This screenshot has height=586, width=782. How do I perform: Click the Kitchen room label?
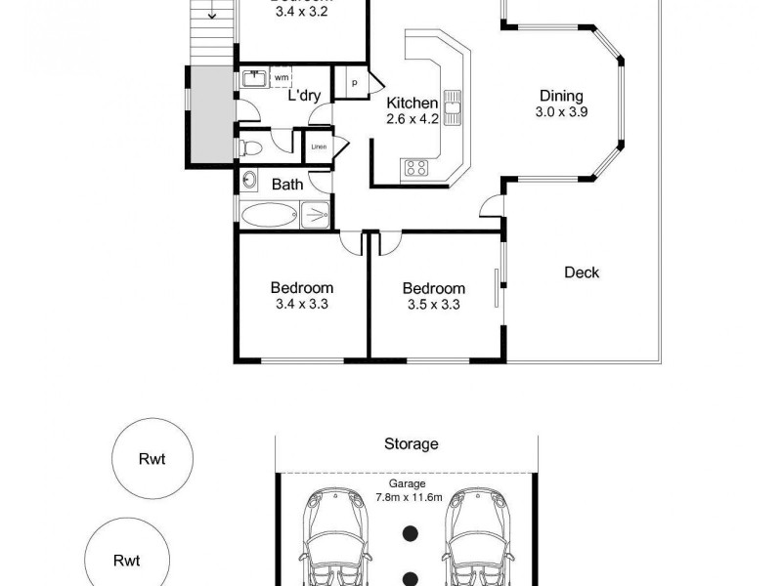pos(411,104)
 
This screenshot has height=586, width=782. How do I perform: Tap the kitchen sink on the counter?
pos(454,105)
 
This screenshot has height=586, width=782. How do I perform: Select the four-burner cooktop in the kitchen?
pos(414,167)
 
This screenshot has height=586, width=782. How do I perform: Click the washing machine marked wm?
pos(281,77)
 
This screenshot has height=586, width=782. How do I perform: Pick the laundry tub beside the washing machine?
pos(252,78)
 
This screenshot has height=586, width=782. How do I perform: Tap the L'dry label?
pos(303,96)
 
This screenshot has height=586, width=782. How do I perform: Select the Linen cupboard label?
pos(318,146)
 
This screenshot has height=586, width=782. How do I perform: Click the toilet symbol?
pos(250,147)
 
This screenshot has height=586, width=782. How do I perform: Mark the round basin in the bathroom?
pos(248,181)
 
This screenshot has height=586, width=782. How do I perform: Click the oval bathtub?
pos(270,214)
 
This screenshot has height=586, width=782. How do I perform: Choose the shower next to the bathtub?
pos(315,213)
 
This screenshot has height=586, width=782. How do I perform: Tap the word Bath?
pos(287,184)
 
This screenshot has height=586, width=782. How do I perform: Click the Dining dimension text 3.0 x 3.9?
pos(561,112)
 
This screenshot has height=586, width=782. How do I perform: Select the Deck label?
pos(582,272)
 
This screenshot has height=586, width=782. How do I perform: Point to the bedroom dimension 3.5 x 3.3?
pos(433,305)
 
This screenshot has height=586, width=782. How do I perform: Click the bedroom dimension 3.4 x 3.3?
pos(301,304)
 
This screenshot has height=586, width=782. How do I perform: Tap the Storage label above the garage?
pos(411,443)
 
